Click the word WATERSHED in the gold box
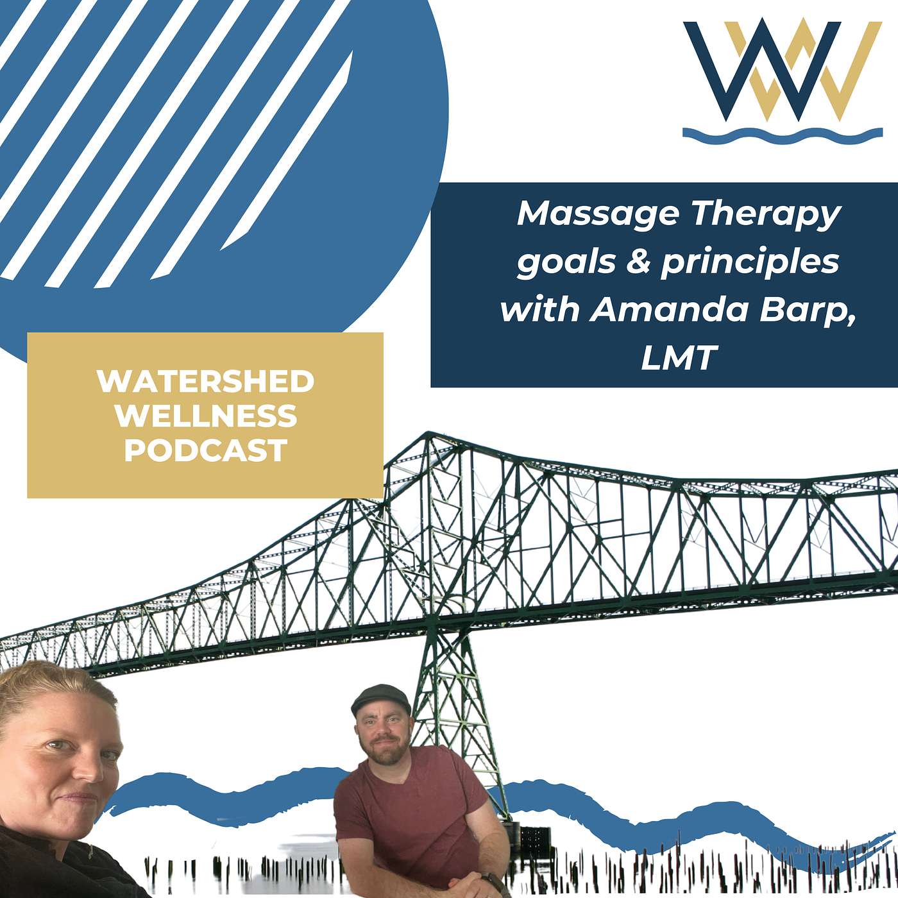pyautogui.click(x=205, y=382)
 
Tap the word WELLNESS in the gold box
pyautogui.click(x=205, y=416)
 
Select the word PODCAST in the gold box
pyautogui.click(x=205, y=450)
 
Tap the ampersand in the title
pyautogui.click(x=638, y=262)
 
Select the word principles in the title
pyautogui.click(x=750, y=263)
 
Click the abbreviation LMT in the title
pyautogui.click(x=678, y=359)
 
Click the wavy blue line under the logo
pyautogui.click(x=782, y=135)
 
